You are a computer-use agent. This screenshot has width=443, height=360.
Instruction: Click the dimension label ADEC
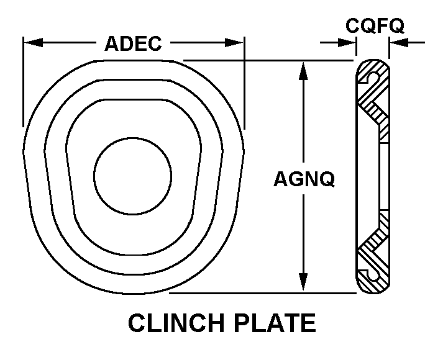tap(133, 43)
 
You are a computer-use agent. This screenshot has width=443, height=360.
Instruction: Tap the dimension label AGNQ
tap(304, 179)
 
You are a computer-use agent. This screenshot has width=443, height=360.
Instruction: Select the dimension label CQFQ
tap(375, 25)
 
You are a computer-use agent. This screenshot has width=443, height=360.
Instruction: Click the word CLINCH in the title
tap(177, 323)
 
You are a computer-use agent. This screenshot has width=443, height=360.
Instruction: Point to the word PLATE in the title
tap(275, 323)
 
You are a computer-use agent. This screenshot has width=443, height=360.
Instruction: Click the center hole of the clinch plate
tap(132, 176)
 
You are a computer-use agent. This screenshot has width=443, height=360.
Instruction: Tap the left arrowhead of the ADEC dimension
tap(34, 43)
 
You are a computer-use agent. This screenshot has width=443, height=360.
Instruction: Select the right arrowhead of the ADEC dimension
tap(234, 43)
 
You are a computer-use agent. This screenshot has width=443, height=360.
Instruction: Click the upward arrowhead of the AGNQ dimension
tap(303, 71)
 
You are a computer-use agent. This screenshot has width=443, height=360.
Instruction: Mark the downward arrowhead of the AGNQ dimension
tap(303, 282)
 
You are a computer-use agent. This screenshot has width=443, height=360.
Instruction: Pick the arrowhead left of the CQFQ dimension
tap(347, 43)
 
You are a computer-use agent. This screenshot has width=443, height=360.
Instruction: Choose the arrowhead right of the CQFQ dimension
tap(399, 43)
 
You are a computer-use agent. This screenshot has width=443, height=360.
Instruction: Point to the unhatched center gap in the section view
tap(384, 177)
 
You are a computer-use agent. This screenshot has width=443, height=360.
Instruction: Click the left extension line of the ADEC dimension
tap(23, 81)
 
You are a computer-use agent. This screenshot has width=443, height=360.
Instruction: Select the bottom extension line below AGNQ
tap(262, 293)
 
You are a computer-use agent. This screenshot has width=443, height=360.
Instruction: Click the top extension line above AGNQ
tap(268, 60)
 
